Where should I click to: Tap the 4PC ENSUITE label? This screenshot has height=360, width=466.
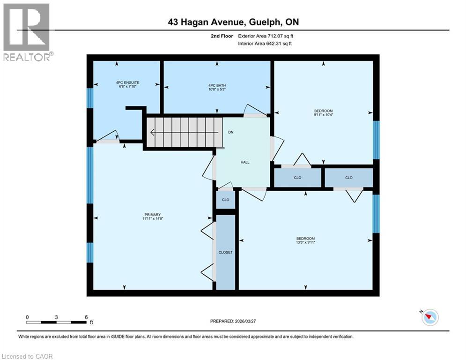[x=128, y=82]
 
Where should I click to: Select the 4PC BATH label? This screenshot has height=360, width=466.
[x=217, y=85]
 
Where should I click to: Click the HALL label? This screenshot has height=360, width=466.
[x=245, y=162]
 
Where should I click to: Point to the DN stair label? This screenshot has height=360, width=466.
[x=231, y=132]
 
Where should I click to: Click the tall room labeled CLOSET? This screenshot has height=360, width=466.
[x=225, y=252]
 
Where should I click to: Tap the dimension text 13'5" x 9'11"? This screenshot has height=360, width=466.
[x=305, y=242]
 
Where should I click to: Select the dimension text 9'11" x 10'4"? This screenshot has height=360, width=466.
[x=323, y=114]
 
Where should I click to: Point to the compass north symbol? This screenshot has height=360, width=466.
[x=429, y=317]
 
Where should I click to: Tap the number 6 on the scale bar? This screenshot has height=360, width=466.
[x=86, y=317]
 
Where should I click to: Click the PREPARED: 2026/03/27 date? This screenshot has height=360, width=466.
[x=237, y=321]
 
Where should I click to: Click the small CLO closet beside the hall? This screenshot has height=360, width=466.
[x=225, y=199]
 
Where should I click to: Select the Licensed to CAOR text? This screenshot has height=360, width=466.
[x=28, y=356]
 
